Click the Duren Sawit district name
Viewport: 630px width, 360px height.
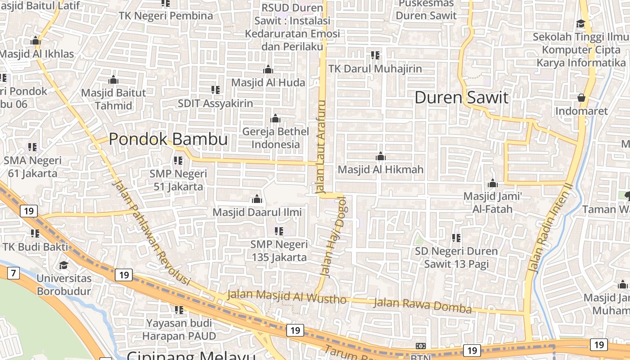(461, 98)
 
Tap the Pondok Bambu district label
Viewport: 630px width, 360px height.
(168, 139)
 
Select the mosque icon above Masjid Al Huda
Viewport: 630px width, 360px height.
(268, 69)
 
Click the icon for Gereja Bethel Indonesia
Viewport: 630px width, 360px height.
(275, 119)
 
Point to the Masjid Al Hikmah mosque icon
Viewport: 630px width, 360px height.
(381, 157)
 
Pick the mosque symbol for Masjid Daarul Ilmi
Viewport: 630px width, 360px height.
(257, 199)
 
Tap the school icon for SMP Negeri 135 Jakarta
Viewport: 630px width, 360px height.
(279, 231)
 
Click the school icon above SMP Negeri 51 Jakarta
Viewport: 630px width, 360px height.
(178, 160)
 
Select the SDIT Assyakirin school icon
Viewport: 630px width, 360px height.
(216, 90)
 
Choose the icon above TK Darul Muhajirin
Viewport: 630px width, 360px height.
(375, 55)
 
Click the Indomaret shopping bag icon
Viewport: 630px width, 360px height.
(581, 98)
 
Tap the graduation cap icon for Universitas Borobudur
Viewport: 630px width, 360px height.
(63, 265)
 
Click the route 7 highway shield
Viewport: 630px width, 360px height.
(13, 273)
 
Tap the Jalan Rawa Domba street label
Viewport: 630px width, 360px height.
(423, 305)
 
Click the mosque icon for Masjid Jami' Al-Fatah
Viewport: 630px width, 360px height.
(492, 184)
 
